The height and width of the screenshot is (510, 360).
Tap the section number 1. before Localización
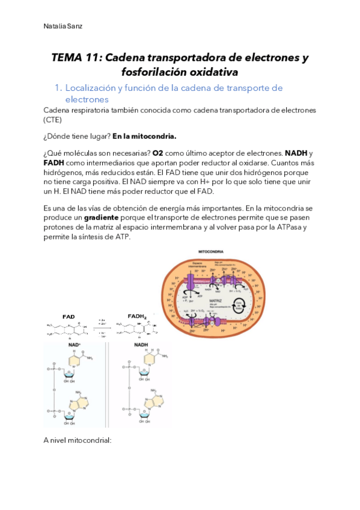click(x=58, y=88)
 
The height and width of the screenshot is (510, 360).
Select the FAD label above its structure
click(x=69, y=316)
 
